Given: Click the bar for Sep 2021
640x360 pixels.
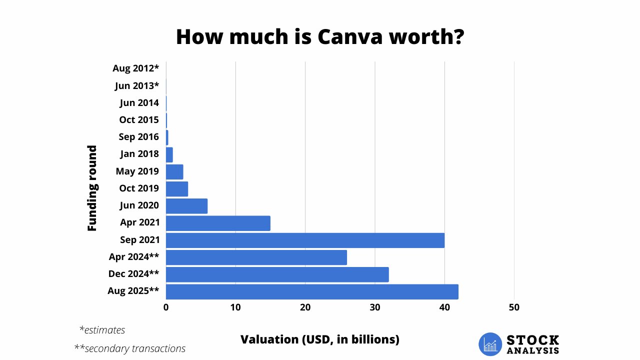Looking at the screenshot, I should [x=305, y=240].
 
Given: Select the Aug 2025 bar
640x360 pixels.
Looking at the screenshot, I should [x=312, y=291].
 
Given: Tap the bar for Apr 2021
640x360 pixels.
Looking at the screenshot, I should [x=218, y=223].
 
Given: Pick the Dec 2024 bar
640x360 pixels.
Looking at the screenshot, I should [x=277, y=274].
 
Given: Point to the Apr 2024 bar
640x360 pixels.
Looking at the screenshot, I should [x=256, y=257].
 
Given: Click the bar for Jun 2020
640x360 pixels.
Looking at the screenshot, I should [x=186, y=206].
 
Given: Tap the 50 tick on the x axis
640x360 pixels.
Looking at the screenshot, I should [x=514, y=307].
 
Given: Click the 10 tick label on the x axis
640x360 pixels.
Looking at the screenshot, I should [x=235, y=307].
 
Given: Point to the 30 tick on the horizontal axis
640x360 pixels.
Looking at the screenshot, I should [x=374, y=307].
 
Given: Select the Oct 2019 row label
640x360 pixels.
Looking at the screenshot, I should [x=139, y=188].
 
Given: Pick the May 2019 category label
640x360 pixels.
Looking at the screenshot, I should [x=137, y=171].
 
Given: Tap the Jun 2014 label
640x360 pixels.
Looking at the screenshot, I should [x=139, y=103].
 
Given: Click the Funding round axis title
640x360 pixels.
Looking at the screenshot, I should [x=92, y=188].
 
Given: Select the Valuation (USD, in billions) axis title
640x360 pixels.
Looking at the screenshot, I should [x=320, y=339].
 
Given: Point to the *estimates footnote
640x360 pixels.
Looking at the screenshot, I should [x=102, y=330].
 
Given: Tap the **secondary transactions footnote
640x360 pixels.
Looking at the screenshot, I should [x=129, y=348].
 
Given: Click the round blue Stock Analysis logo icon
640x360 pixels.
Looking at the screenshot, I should [x=490, y=344].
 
